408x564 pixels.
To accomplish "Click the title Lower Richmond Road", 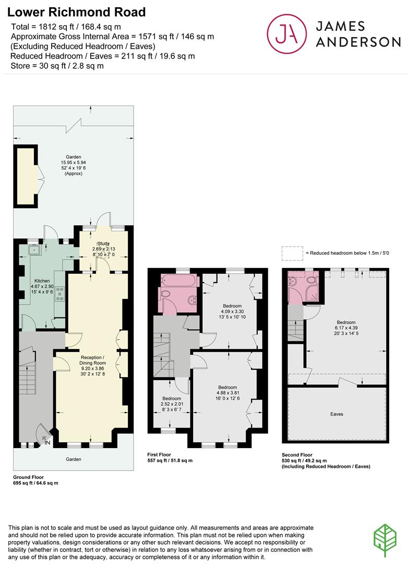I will click(77, 11).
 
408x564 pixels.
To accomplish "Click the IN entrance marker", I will click(47, 442).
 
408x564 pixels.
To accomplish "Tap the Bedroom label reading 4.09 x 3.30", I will click(232, 311).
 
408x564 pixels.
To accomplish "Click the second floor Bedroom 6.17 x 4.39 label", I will click(346, 328).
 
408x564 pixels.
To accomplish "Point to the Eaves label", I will click(337, 414).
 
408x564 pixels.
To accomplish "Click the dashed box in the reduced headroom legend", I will click(292, 253).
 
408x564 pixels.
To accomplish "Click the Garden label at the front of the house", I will click(73, 459).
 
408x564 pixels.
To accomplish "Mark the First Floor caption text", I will click(159, 455).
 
